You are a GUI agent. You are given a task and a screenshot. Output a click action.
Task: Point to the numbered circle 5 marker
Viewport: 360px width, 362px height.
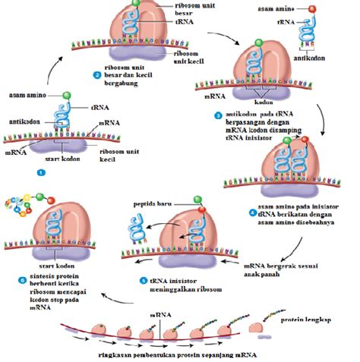142,279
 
